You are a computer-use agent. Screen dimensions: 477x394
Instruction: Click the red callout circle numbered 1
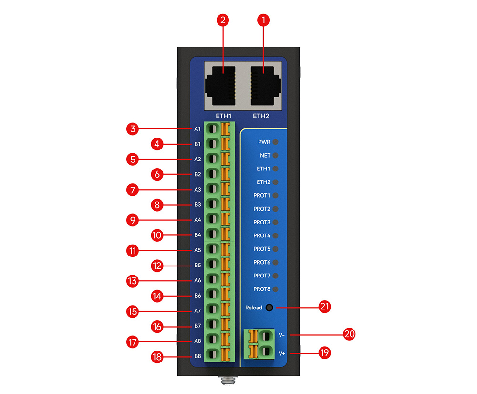click(263, 21)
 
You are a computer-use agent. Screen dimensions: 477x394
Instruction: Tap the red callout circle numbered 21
click(325, 306)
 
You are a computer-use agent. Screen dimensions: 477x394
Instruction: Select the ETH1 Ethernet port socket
click(221, 86)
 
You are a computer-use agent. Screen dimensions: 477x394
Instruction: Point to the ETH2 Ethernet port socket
click(265, 86)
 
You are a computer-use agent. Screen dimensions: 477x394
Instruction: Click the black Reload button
click(269, 308)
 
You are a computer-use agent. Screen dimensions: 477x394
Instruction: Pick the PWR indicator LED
click(275, 142)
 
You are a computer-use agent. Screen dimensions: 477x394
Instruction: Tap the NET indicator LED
click(275, 155)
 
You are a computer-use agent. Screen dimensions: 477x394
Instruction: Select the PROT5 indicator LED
click(275, 249)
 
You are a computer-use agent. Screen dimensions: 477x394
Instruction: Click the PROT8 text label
click(261, 289)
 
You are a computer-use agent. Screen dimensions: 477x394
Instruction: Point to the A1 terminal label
click(197, 129)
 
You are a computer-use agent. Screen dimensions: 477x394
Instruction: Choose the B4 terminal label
click(197, 235)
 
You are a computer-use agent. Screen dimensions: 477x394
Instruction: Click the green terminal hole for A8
click(213, 340)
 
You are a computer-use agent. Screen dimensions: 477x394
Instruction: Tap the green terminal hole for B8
click(213, 354)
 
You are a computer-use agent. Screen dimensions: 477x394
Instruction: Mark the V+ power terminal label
click(282, 353)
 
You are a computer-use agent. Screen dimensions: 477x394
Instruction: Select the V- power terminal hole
click(266, 336)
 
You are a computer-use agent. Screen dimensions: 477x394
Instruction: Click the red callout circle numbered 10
click(157, 235)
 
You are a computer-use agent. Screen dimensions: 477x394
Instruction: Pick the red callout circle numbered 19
click(325, 352)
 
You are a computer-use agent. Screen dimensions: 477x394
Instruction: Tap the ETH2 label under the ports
click(261, 116)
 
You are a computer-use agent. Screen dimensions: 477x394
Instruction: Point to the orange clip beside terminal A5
click(225, 249)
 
